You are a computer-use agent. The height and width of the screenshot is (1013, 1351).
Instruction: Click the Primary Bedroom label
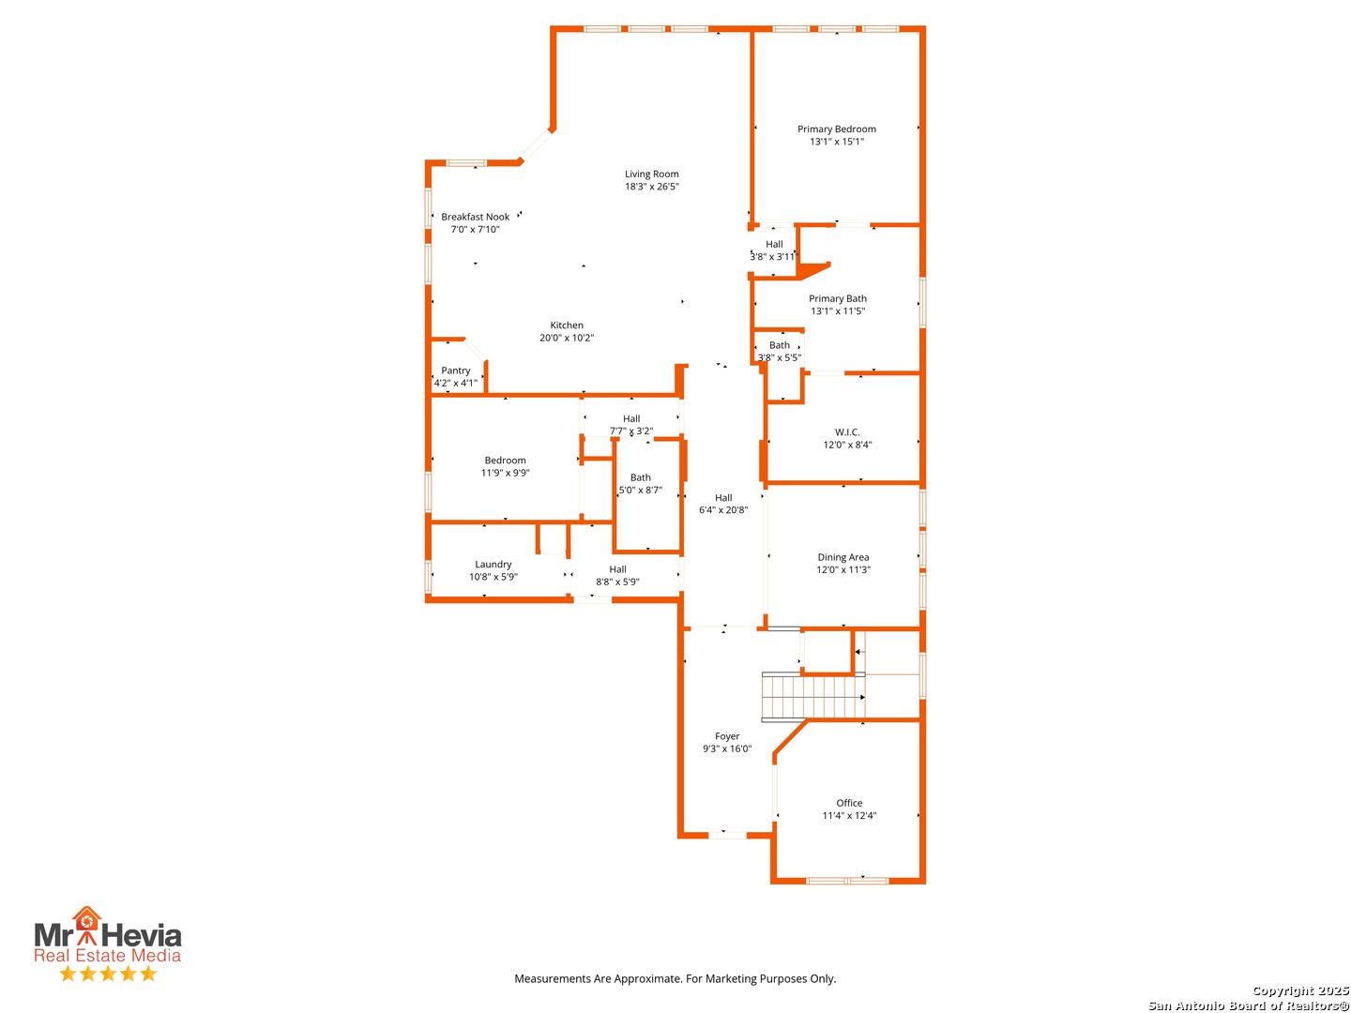point(836,129)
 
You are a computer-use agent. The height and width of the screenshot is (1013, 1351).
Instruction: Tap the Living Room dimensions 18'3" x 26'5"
point(651,186)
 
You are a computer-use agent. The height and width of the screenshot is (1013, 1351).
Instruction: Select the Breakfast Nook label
point(475,217)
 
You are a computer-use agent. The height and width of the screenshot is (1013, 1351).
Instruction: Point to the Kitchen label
point(567,325)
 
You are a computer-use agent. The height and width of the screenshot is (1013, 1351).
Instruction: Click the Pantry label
point(455,370)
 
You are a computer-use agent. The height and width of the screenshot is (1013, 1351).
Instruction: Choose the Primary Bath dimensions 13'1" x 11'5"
point(837,310)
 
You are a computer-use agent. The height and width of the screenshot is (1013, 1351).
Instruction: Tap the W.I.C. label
point(847,431)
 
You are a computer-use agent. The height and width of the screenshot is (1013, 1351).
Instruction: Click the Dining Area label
point(842,556)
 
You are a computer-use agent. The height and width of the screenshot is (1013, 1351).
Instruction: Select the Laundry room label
point(493,564)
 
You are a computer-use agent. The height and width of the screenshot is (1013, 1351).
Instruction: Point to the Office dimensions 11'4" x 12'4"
point(849,815)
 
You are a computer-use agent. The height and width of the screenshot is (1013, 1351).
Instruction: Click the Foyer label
point(727,736)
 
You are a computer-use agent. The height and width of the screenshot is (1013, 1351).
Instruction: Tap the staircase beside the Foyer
point(813,697)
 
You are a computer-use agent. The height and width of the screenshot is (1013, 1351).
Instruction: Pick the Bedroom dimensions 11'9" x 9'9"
point(505,473)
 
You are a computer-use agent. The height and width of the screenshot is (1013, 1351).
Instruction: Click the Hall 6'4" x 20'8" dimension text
point(723,509)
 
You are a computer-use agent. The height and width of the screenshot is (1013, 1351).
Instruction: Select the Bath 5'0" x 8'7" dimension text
point(640,490)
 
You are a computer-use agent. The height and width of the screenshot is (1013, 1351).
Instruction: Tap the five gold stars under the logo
point(108,973)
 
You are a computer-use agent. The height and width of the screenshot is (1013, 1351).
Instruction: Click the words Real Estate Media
point(107,955)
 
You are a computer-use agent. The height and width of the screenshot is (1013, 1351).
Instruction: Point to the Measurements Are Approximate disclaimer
point(675,978)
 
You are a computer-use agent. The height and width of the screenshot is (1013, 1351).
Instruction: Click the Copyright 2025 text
point(1300,990)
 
